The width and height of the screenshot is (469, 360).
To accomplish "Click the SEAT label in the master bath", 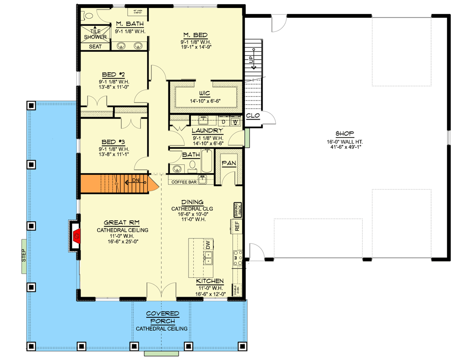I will click(95, 46).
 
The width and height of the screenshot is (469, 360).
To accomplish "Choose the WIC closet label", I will click(204, 93).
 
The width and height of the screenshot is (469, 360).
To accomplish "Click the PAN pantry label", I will click(229, 163).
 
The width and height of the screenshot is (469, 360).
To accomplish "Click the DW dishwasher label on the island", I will click(207, 245).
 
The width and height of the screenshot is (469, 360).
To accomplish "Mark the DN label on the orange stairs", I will click(135, 180).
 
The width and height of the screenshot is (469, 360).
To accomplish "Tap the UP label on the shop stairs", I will click(251, 60).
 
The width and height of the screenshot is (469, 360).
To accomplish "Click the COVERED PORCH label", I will click(161, 317).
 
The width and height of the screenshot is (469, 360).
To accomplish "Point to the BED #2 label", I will click(112, 74).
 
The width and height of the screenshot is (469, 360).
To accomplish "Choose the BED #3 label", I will click(112, 140).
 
